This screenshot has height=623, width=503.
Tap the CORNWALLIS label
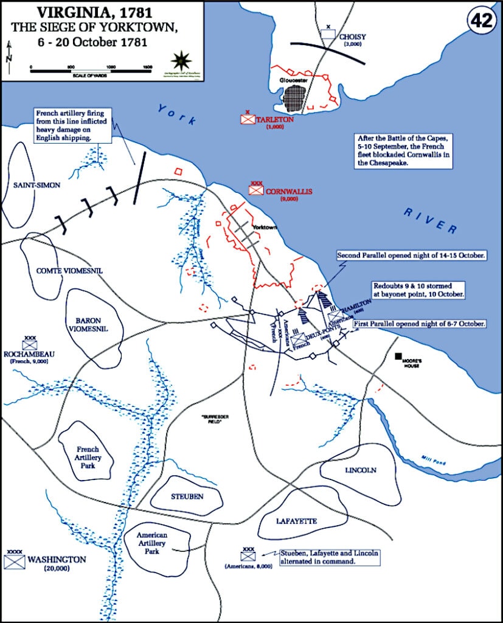(289, 191)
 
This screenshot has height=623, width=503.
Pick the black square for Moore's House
(398, 355)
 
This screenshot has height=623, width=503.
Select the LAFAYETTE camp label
(296, 521)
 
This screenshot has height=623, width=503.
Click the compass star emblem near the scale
(180, 60)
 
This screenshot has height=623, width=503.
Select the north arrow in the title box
(9, 52)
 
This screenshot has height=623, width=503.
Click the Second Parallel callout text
(411, 256)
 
